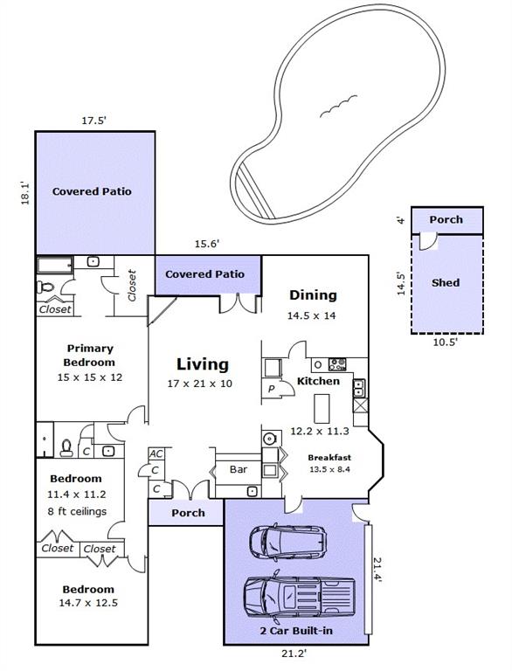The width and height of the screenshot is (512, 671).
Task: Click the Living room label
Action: [x=203, y=364]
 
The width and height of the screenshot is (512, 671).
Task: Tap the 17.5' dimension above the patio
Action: [x=93, y=121]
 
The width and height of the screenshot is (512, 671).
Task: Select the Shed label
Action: [x=446, y=283]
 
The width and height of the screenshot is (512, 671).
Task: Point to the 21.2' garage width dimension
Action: [x=294, y=653]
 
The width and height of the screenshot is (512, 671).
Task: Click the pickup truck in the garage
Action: [x=299, y=596]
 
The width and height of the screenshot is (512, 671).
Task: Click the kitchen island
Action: [x=322, y=409]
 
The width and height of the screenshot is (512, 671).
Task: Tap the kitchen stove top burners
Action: [x=337, y=365]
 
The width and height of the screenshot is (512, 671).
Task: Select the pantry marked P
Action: [x=271, y=389]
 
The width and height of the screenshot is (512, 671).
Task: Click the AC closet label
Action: [x=156, y=453]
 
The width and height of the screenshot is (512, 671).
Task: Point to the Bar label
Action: [x=239, y=469]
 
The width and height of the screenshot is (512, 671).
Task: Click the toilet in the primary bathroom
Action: [x=45, y=287]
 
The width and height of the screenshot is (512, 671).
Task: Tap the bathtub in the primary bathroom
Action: [x=55, y=266]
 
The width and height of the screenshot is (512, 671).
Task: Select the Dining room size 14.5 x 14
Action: [x=312, y=315]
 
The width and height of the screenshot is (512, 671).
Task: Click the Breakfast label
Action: [x=329, y=458]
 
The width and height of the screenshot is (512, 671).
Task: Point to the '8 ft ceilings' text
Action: [x=77, y=511]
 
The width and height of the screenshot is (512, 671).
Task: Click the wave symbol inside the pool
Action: [x=338, y=106]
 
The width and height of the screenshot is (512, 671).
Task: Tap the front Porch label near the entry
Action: [x=188, y=513]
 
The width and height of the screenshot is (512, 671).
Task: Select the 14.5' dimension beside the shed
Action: [x=401, y=283]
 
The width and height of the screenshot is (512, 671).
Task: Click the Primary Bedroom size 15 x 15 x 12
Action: [x=90, y=377]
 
